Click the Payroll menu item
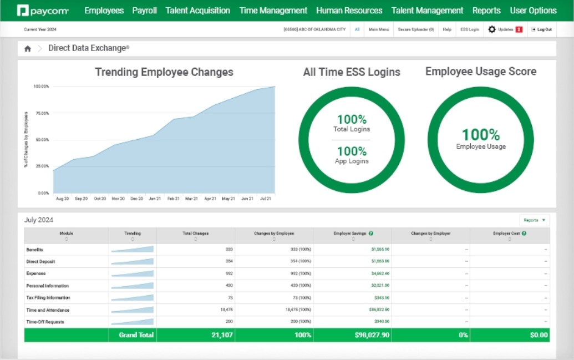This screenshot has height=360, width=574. pyautogui.click(x=144, y=11)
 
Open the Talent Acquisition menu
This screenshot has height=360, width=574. pyautogui.click(x=197, y=11)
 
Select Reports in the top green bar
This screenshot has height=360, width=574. pyautogui.click(x=486, y=11)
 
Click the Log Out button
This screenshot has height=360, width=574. pyautogui.click(x=541, y=29)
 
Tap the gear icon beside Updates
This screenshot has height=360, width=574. pyautogui.click(x=492, y=29)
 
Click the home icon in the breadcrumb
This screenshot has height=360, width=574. pyautogui.click(x=28, y=49)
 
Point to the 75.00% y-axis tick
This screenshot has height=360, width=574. pyautogui.click(x=42, y=113)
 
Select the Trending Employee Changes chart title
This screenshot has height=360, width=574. pyautogui.click(x=164, y=72)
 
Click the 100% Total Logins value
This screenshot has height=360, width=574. pyautogui.click(x=352, y=119)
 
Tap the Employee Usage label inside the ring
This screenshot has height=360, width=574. pyautogui.click(x=481, y=146)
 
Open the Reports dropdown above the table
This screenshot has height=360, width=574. pyautogui.click(x=535, y=220)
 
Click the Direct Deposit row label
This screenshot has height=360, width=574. pyautogui.click(x=40, y=261)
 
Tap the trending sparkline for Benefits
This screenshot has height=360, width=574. pyautogui.click(x=132, y=250)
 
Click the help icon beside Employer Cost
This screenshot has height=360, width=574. pyautogui.click(x=524, y=234)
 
